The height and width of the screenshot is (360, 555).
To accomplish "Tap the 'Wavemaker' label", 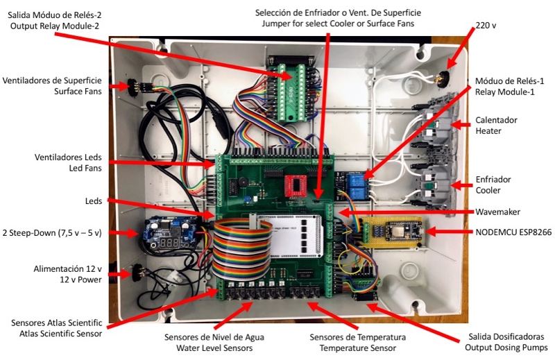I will click(497, 211).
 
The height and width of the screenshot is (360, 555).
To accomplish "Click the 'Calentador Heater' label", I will click(496, 125).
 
